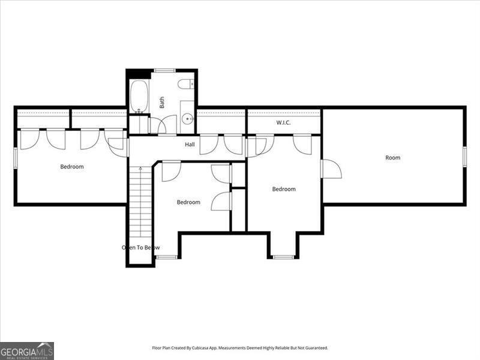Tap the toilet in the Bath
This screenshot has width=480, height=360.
(x=188, y=83)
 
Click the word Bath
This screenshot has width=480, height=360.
(x=162, y=103)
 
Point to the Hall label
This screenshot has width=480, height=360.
(x=190, y=145)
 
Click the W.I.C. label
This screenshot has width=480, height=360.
(x=283, y=123)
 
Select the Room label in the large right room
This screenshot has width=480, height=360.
(x=392, y=158)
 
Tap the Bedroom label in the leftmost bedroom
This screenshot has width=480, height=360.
(x=72, y=167)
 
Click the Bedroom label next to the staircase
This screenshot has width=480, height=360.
(x=188, y=202)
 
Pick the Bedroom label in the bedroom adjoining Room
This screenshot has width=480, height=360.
(x=284, y=189)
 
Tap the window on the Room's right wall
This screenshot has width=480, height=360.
(x=464, y=155)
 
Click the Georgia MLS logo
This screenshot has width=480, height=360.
(x=27, y=350)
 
